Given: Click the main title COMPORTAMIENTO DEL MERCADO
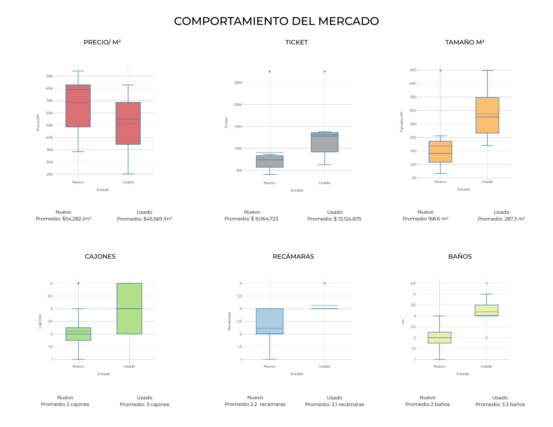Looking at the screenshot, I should pyautogui.click(x=276, y=21).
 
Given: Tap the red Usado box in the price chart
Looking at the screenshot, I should pyautogui.click(x=128, y=123).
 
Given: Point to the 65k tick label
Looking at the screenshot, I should pyautogui.click(x=49, y=76).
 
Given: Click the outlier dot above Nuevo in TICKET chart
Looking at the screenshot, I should pyautogui.click(x=270, y=72).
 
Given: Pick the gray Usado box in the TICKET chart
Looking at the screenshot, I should pyautogui.click(x=325, y=142).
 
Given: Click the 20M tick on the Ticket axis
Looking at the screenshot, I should pyautogui.click(x=238, y=104).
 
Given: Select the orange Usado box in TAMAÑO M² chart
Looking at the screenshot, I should pyautogui.click(x=487, y=115).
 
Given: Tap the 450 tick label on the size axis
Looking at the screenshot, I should pyautogui.click(x=413, y=70).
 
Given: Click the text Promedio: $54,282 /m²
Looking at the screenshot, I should pyautogui.click(x=63, y=219).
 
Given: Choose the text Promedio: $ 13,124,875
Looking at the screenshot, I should pyautogui.click(x=334, y=219).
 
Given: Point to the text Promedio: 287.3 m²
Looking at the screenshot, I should pyautogui.click(x=501, y=219).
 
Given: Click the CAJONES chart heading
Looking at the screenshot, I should pyautogui.click(x=100, y=256).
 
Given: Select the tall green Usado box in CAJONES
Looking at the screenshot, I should pyautogui.click(x=129, y=308).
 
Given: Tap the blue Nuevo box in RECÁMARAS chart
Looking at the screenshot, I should pyautogui.click(x=270, y=321).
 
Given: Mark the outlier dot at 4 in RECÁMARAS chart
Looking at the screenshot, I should pyautogui.click(x=325, y=283).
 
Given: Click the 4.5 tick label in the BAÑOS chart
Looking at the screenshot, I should pyautogui.click(x=413, y=283).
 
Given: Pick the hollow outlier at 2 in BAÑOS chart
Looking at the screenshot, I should pyautogui.click(x=486, y=338).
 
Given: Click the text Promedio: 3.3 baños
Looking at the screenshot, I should pyautogui.click(x=500, y=404).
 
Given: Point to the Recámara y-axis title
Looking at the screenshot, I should pyautogui.click(x=229, y=321).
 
